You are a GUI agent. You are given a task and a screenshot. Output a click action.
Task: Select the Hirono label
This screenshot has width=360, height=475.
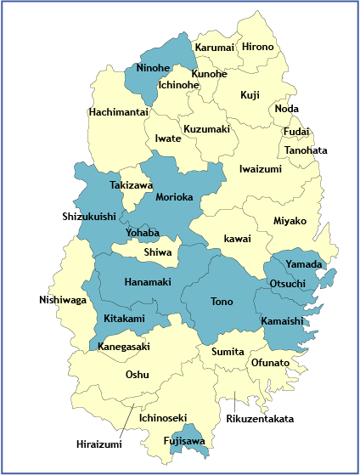tap(258, 47)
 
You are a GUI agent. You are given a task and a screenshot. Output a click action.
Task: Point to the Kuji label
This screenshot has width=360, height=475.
tap(250, 95)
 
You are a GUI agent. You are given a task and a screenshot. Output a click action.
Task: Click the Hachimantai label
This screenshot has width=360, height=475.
tap(118, 111)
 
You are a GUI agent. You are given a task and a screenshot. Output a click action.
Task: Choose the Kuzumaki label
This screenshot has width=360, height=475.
tap(206, 129)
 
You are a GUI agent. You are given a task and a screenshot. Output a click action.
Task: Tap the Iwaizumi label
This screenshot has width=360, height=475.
tap(260, 168)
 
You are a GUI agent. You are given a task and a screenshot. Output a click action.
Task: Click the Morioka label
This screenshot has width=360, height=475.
tap(175, 197)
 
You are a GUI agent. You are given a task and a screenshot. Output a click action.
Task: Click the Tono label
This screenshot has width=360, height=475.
tap(222, 301)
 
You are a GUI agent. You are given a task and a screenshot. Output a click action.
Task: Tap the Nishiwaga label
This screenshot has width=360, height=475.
tap(63, 300)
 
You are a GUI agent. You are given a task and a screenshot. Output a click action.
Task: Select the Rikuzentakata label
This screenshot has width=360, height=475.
tap(260, 419)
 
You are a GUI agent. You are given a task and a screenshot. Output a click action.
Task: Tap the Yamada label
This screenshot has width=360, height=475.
tap(303, 264)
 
